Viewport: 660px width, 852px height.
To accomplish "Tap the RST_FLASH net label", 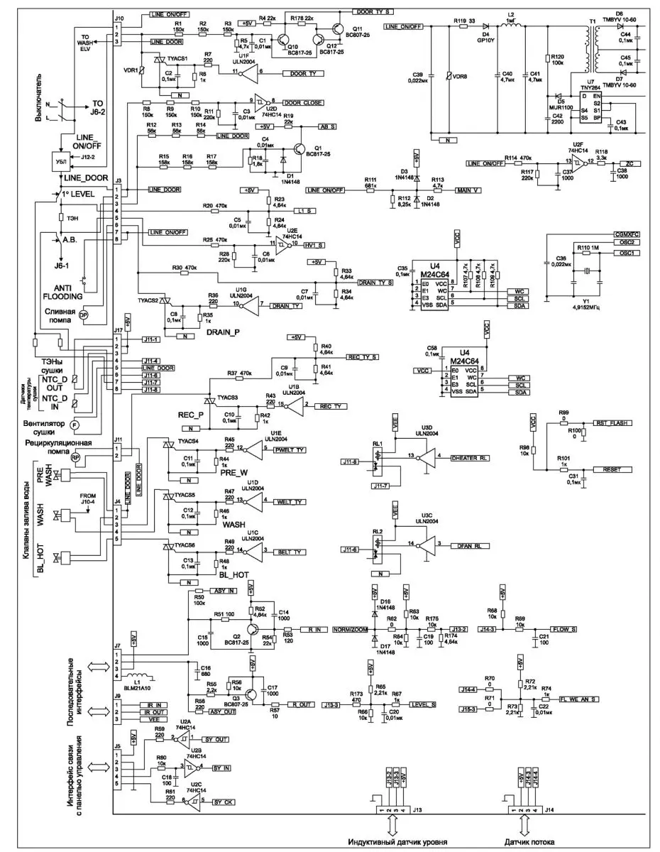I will pyautogui.click(x=615, y=422).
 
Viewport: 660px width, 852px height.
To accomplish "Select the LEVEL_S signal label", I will pyautogui.click(x=423, y=704).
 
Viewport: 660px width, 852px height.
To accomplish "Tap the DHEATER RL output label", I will pyautogui.click(x=470, y=457).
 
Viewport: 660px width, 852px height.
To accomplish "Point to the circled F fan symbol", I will pyautogui.click(x=75, y=425).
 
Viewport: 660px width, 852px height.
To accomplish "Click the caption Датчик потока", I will pyautogui.click(x=532, y=842).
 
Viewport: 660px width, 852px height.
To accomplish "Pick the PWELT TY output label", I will pyautogui.click(x=290, y=449).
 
